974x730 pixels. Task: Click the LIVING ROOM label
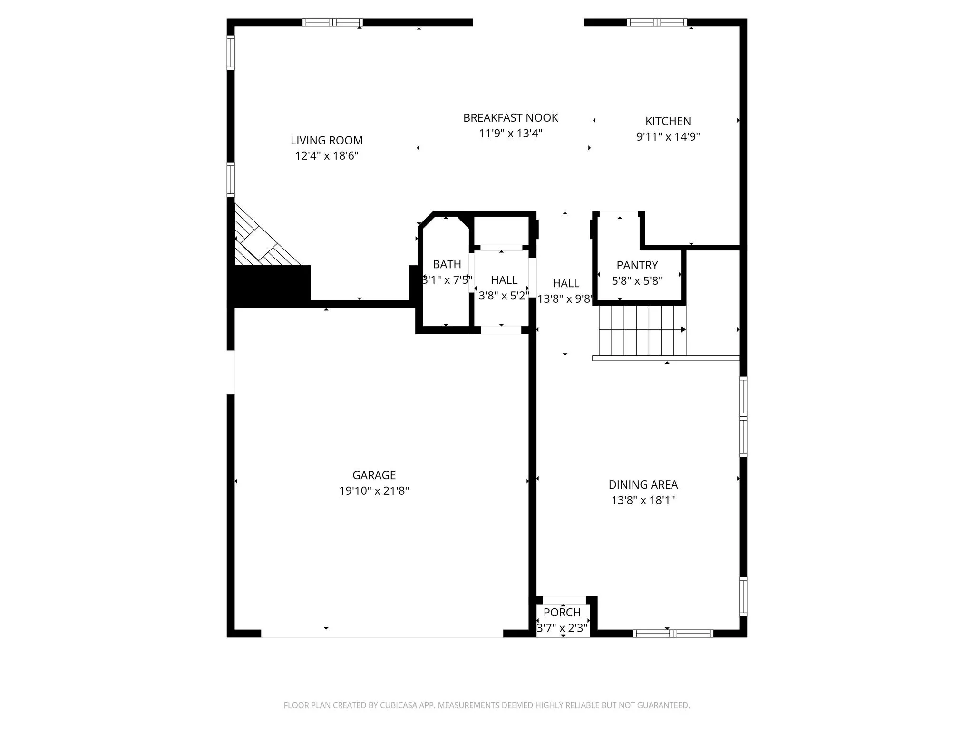tap(327, 140)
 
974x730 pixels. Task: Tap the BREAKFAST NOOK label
tap(511, 117)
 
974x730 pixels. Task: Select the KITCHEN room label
tap(668, 121)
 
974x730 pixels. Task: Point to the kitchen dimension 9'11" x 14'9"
tap(668, 137)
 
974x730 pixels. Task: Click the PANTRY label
tap(637, 265)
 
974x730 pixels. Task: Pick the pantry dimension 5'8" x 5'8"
tap(637, 281)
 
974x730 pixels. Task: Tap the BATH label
tap(447, 264)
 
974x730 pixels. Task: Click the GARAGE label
tap(374, 475)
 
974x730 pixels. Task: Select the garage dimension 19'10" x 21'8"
tap(374, 491)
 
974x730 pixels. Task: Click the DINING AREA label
tap(643, 485)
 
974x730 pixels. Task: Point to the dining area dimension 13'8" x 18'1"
tap(643, 500)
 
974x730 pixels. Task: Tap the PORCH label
tap(562, 613)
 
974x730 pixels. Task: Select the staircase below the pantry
tap(642, 330)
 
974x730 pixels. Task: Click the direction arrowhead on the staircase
tap(683, 329)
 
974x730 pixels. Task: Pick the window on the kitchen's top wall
tap(657, 22)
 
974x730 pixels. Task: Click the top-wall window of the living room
tap(332, 22)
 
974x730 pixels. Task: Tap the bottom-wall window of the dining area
tap(673, 633)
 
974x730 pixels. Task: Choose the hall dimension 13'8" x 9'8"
tap(566, 299)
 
